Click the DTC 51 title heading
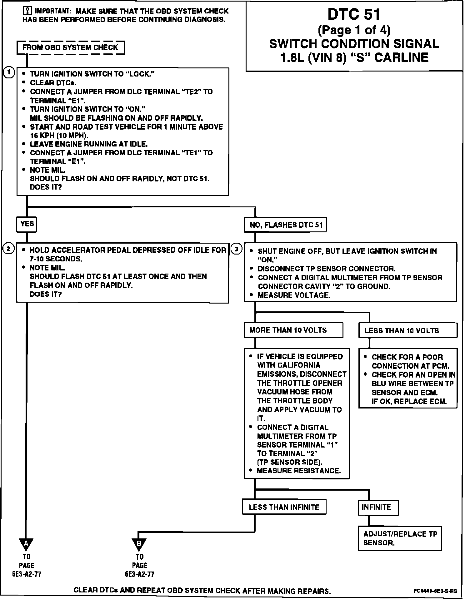point(354,15)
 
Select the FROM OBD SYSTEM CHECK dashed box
point(71,48)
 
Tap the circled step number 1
point(9,73)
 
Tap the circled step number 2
point(8,249)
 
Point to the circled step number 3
point(237,249)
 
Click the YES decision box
point(27,224)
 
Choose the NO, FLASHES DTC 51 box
point(285,225)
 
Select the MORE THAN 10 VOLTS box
point(293,330)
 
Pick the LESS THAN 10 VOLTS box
point(407,331)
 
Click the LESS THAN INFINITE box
point(284,507)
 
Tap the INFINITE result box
point(378,507)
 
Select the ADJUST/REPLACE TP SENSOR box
point(400,539)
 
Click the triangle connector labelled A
point(26,544)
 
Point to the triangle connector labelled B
point(139,544)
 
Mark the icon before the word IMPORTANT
point(27,11)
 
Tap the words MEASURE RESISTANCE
point(298,471)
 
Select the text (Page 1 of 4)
point(354,30)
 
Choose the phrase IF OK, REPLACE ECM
point(409,402)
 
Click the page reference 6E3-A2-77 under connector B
point(139,574)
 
